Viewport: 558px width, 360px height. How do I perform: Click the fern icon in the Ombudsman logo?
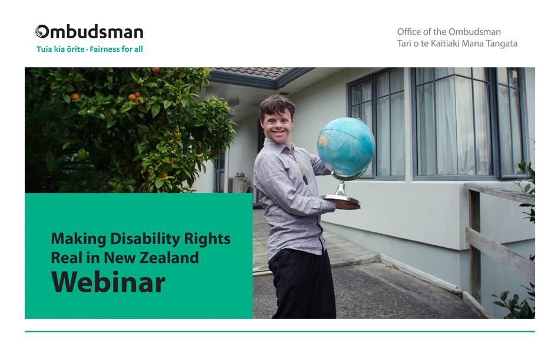coord(42,31)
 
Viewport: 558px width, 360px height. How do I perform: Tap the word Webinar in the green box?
coord(108,282)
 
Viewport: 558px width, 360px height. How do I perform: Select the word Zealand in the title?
coord(169,258)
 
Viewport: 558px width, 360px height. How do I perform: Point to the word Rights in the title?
coord(207,239)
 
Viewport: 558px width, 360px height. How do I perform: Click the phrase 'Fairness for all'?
coord(116,49)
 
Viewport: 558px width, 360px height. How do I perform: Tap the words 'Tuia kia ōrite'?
coord(61,49)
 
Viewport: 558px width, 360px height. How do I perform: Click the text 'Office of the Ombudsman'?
coord(449,32)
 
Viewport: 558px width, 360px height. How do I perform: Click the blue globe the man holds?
coord(346,146)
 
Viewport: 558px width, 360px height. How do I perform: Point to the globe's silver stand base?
coord(341,200)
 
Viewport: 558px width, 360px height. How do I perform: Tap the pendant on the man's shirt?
coord(305,177)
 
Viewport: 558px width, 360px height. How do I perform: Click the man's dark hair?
coord(277,106)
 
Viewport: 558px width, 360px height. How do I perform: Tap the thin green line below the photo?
coord(280,332)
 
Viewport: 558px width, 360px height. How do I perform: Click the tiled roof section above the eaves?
coord(253,72)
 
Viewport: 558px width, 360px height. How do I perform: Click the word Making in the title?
coord(79,239)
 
